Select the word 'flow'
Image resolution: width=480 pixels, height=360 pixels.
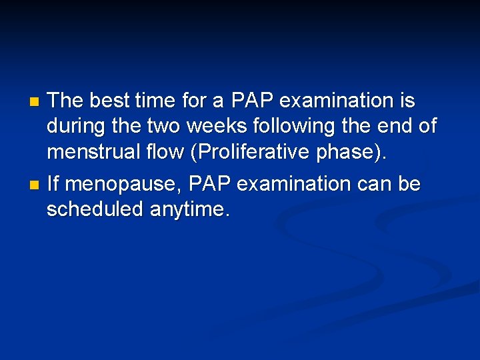168,152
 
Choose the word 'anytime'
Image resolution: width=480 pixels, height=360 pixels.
189,211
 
